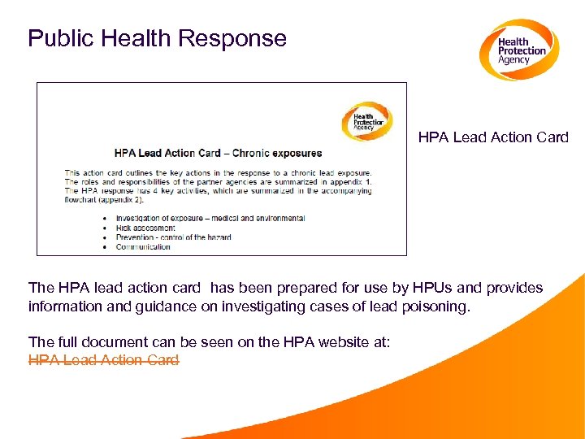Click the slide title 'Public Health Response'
click(x=157, y=38)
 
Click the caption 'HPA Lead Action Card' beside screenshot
click(x=493, y=137)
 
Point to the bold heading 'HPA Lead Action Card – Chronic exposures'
click(x=218, y=153)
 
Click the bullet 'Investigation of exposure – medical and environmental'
click(x=210, y=218)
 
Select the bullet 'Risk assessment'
click(x=145, y=228)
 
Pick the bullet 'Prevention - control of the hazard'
click(x=173, y=237)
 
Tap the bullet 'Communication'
click(x=143, y=246)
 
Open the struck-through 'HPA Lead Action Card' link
click(x=103, y=360)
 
